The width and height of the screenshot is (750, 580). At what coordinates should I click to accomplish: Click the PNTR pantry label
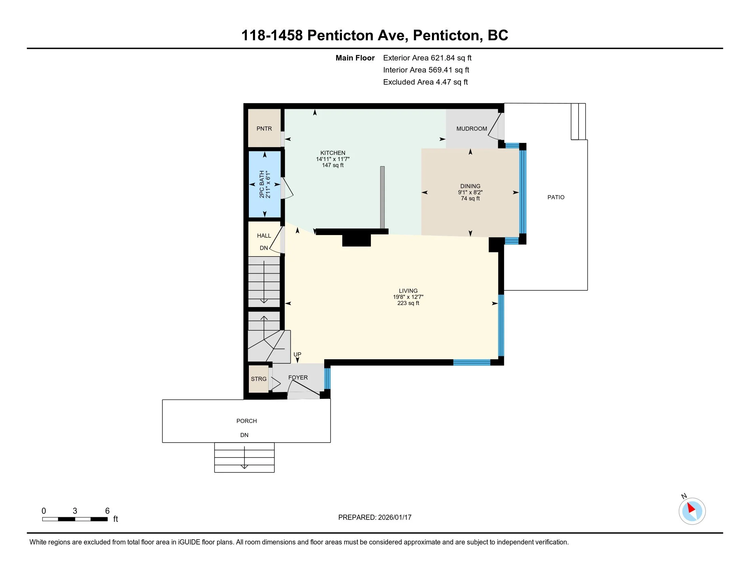(x=264, y=129)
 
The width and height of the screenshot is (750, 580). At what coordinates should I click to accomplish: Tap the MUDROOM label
(x=471, y=129)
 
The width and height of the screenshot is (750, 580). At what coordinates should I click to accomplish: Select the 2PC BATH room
(x=265, y=184)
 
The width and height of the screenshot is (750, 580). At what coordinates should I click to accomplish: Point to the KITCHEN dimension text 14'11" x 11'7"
(x=333, y=159)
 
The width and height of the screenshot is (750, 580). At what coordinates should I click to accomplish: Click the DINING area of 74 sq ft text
(x=470, y=199)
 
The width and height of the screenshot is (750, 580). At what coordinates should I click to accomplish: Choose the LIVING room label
(x=408, y=291)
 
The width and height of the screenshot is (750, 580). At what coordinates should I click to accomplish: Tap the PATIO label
(x=556, y=197)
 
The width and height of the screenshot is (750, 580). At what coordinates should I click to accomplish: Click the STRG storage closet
(x=259, y=379)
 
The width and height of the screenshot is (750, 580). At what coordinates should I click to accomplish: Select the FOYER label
(x=298, y=377)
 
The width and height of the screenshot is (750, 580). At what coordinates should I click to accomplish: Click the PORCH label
(x=246, y=421)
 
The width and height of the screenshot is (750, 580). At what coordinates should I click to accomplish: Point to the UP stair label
(x=297, y=354)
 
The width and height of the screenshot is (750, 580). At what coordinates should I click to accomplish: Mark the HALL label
(x=264, y=236)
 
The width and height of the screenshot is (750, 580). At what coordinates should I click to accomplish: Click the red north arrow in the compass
(x=691, y=508)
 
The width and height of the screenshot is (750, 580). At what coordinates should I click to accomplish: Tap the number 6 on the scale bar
(x=107, y=511)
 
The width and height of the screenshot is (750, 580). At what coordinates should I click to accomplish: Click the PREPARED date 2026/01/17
(x=394, y=518)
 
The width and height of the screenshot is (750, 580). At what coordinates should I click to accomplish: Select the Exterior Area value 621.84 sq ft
(x=451, y=58)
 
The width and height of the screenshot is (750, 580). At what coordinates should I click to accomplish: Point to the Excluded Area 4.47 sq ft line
(x=425, y=82)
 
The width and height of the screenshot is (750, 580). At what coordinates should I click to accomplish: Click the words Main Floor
(x=355, y=58)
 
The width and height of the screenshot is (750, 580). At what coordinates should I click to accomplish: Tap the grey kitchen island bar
(x=382, y=198)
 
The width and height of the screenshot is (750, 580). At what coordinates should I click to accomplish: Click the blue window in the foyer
(x=327, y=378)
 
